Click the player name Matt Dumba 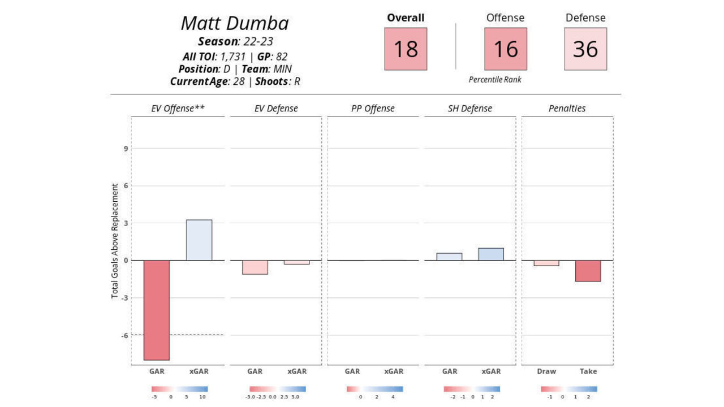pyautogui.click(x=235, y=23)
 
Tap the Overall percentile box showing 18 pyautogui.click(x=406, y=49)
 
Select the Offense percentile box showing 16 pyautogui.click(x=506, y=49)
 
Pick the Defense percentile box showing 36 pyautogui.click(x=585, y=49)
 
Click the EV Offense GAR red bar pyautogui.click(x=157, y=310)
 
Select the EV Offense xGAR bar pyautogui.click(x=199, y=240)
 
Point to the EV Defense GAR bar pyautogui.click(x=255, y=267)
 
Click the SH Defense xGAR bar pyautogui.click(x=491, y=254)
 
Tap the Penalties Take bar pyautogui.click(x=588, y=271)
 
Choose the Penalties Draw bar pyautogui.click(x=546, y=263)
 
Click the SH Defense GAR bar pyautogui.click(x=449, y=257)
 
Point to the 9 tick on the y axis pyautogui.click(x=126, y=149)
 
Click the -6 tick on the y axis pyautogui.click(x=125, y=335)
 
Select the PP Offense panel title pyautogui.click(x=373, y=108)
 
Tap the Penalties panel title pyautogui.click(x=567, y=108)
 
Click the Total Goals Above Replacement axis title pyautogui.click(x=115, y=241)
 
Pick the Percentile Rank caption pyautogui.click(x=495, y=80)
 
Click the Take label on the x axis pyautogui.click(x=588, y=371)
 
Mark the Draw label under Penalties pyautogui.click(x=546, y=371)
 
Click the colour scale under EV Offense pyautogui.click(x=179, y=389)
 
